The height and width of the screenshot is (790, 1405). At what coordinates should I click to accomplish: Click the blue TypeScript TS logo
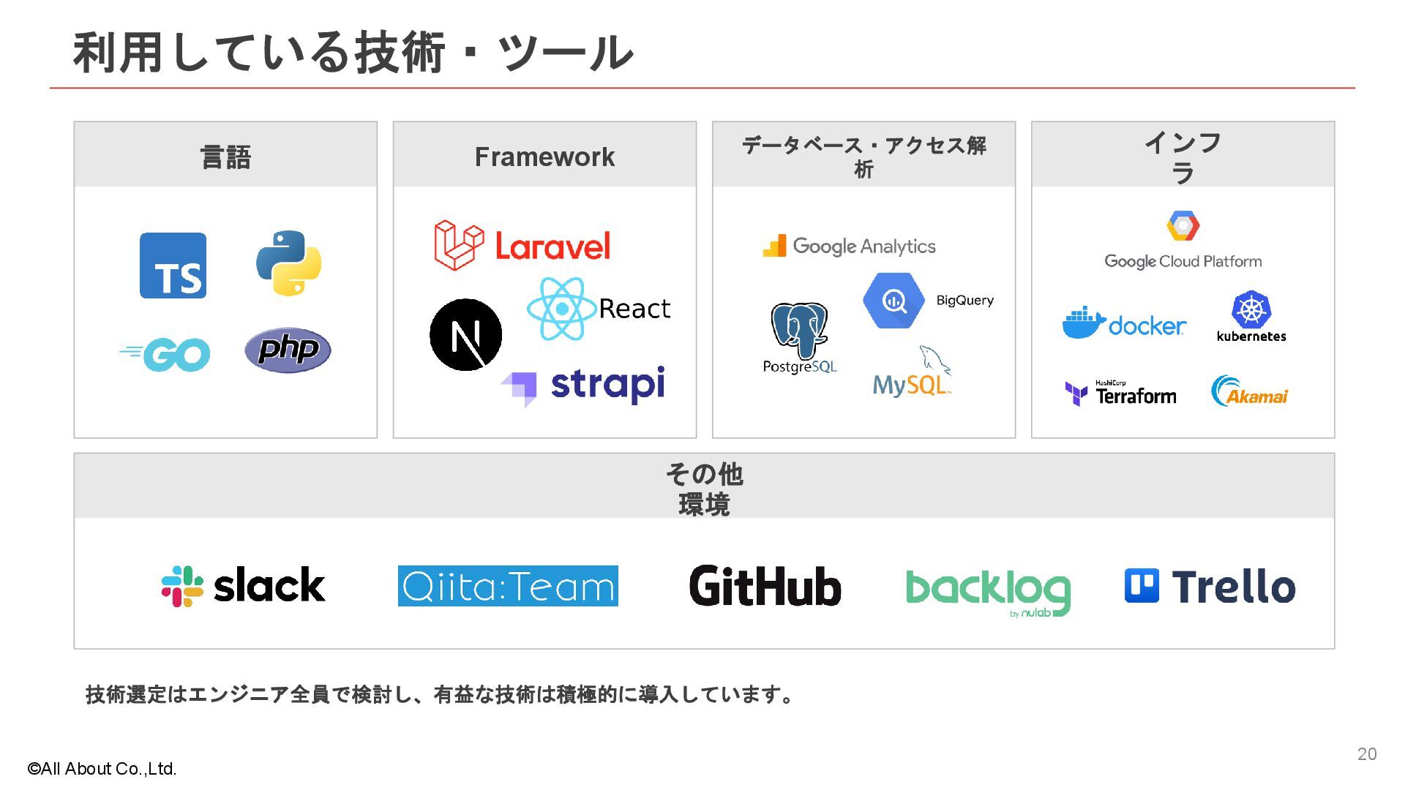tap(173, 266)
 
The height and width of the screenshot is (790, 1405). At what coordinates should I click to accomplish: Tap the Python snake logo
tap(289, 263)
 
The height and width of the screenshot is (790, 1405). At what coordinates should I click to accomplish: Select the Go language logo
tap(166, 354)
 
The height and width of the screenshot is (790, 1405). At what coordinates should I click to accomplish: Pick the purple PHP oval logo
tap(288, 350)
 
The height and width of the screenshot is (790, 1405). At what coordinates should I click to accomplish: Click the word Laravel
tap(552, 247)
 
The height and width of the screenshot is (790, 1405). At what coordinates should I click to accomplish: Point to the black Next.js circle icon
tap(465, 335)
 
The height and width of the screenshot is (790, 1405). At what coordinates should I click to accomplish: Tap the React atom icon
tap(561, 309)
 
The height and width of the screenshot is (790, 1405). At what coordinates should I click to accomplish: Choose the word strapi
tap(607, 385)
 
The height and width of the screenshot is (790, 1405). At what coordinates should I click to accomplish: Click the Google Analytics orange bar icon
tap(774, 247)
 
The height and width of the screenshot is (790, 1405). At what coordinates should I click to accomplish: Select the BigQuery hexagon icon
tap(893, 300)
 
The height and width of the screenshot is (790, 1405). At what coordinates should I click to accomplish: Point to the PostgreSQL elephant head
tap(799, 330)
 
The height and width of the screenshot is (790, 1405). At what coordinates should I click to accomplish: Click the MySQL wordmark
tap(910, 385)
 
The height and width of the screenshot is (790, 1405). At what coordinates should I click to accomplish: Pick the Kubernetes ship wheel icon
tap(1251, 309)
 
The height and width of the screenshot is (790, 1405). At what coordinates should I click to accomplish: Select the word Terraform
tap(1136, 396)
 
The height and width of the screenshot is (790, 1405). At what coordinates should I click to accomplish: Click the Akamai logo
tap(1249, 393)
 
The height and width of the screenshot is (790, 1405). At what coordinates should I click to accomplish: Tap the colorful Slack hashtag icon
tap(182, 586)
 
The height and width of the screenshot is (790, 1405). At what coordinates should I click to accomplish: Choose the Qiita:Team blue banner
tap(508, 586)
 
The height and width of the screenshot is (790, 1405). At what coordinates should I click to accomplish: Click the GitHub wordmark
tap(765, 586)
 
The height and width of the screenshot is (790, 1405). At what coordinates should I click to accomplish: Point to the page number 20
tap(1367, 754)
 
